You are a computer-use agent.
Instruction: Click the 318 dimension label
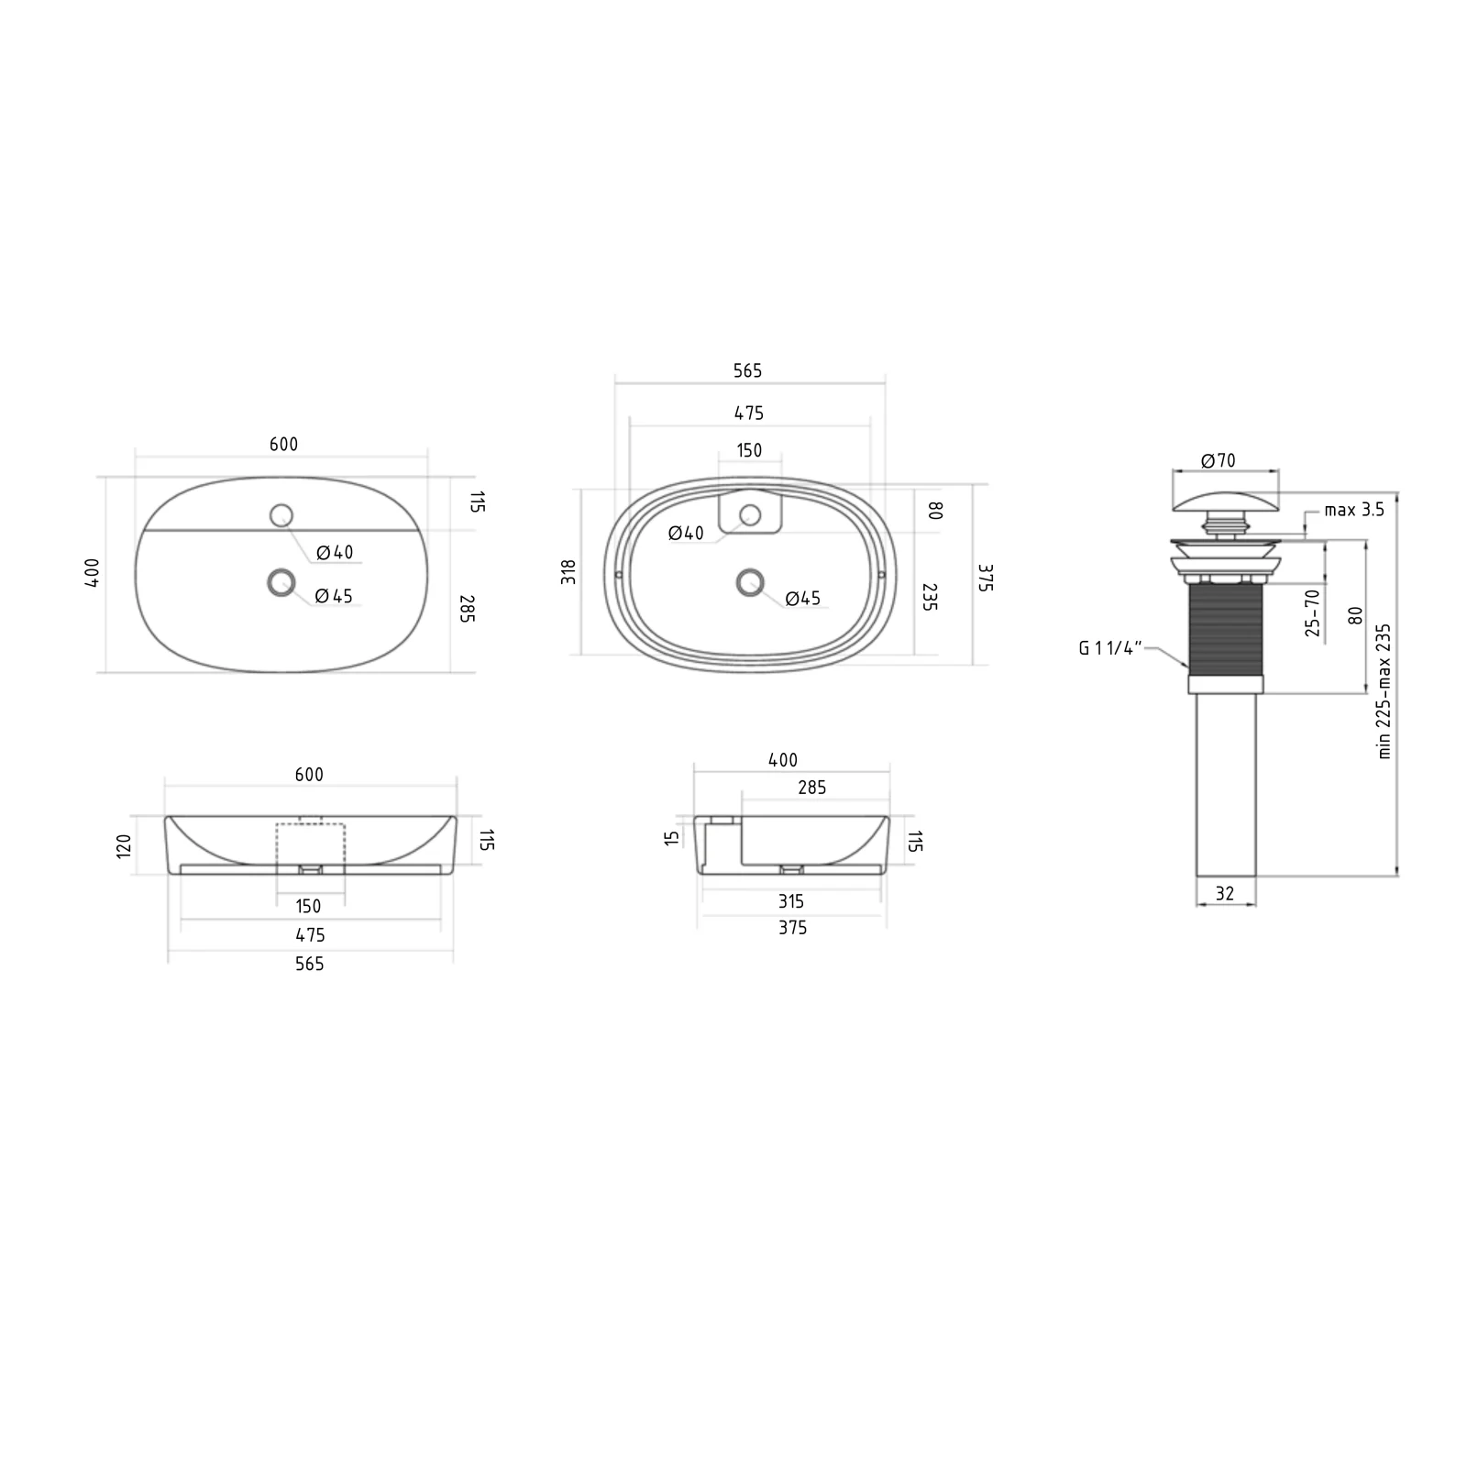[x=569, y=572]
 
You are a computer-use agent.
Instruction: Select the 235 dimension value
[x=929, y=597]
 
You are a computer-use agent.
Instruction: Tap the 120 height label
[x=125, y=844]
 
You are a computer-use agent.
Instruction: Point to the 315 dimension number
[x=791, y=901]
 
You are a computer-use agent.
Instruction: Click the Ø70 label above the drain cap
[x=1219, y=461]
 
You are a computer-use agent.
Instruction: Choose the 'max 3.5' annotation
[x=1354, y=510]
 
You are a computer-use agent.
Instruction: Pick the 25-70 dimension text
[x=1312, y=613]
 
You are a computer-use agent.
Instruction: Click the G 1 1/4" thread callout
[x=1110, y=648]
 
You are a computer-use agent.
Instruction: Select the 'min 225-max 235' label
[x=1384, y=691]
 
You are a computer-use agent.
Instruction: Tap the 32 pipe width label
[x=1225, y=893]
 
